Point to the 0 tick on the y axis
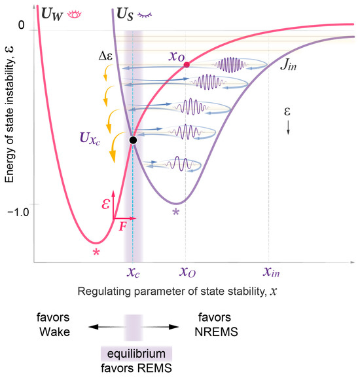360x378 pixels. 21,26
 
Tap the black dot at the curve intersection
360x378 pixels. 133,140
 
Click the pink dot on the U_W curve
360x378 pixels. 187,65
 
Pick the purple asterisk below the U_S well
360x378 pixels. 175,212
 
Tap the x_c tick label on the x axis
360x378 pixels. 133,271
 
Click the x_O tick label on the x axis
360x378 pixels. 187,271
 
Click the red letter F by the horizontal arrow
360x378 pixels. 122,227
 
